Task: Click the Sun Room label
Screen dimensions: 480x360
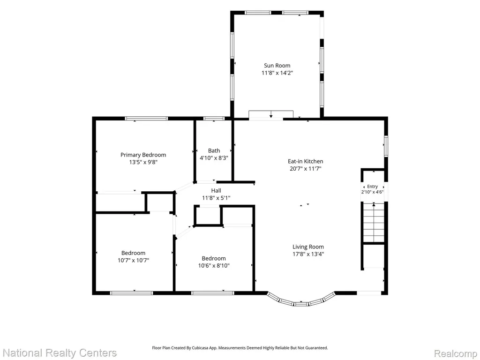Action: click(x=277, y=66)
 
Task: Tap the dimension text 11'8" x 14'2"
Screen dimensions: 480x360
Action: click(x=277, y=73)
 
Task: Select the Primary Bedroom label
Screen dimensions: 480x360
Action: click(x=143, y=155)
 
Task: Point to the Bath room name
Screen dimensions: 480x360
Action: click(x=214, y=150)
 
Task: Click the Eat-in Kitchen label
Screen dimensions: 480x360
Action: click(x=305, y=161)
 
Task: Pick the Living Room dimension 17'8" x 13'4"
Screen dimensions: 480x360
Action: click(x=308, y=254)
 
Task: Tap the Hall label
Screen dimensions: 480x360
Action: click(x=216, y=190)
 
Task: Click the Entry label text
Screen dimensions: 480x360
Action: click(x=372, y=187)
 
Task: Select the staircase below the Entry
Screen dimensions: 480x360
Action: click(x=374, y=223)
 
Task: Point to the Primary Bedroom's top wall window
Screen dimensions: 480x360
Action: click(x=146, y=119)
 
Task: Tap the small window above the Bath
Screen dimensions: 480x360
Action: click(x=214, y=119)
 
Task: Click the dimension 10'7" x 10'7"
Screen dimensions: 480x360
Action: click(x=133, y=261)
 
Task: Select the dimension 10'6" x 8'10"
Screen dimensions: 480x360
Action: click(x=214, y=266)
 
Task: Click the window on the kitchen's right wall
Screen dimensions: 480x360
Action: click(x=386, y=146)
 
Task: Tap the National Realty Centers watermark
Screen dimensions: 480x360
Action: click(x=60, y=352)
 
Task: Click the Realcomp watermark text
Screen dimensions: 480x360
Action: click(x=456, y=353)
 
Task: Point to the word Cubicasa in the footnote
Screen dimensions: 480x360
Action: click(x=200, y=348)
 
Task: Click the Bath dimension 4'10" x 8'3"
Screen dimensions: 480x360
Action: click(x=214, y=158)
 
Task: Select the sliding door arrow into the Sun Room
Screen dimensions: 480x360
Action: click(x=271, y=114)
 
